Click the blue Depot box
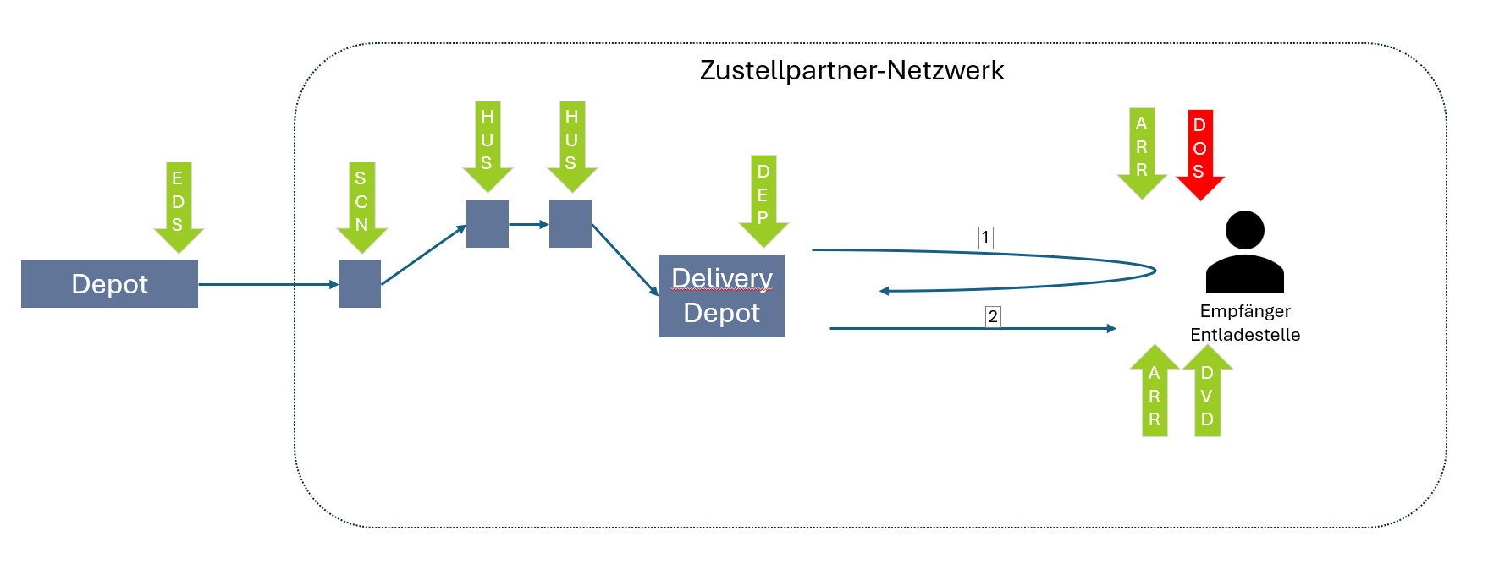tap(109, 284)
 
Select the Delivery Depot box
tap(721, 296)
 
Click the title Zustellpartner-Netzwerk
tap(851, 70)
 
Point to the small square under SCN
tap(360, 284)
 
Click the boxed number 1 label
tap(985, 238)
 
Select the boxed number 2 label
tap(993, 317)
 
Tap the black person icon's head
tap(1244, 230)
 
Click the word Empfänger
tap(1244, 311)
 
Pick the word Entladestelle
tap(1244, 335)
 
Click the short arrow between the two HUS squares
tap(529, 224)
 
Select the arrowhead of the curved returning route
tap(885, 291)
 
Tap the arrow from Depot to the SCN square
tap(267, 285)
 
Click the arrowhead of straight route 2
tap(1111, 328)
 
